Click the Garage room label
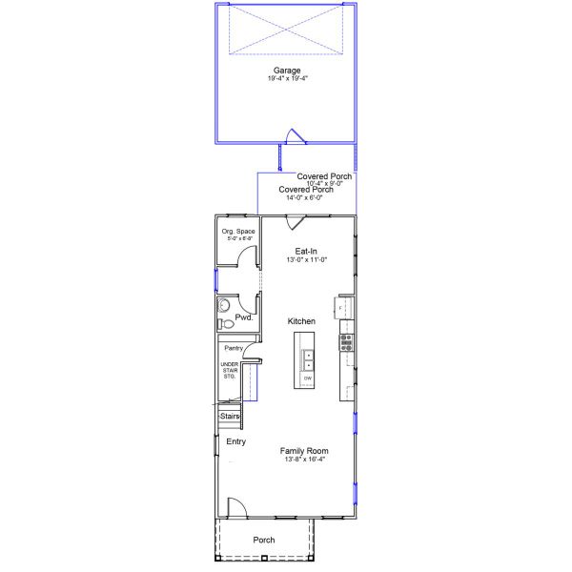tap(287, 71)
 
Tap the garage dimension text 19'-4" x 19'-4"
tap(287, 79)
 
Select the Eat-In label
tap(306, 251)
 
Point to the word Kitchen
tap(301, 321)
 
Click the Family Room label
tap(304, 450)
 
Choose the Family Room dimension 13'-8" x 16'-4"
tap(304, 460)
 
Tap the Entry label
tap(235, 441)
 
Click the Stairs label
tap(230, 417)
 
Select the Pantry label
tap(234, 349)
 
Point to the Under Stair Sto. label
tap(229, 371)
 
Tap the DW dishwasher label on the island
tap(307, 378)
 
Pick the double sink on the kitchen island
tap(308, 359)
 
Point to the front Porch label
tap(264, 540)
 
